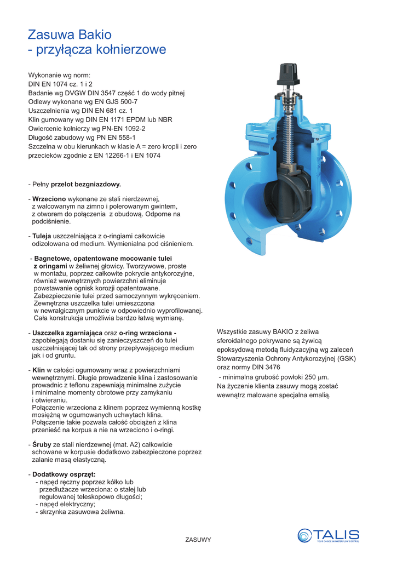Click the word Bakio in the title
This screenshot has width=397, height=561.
coord(95,35)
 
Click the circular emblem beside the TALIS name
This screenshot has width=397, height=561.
coord(305,535)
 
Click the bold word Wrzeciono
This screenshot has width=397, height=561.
coord(49,198)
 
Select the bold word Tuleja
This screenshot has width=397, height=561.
coord(42,236)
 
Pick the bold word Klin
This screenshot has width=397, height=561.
coord(39,370)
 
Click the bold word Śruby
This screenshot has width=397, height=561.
coord(42,444)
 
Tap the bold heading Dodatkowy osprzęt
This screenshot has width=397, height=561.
coord(64,474)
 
